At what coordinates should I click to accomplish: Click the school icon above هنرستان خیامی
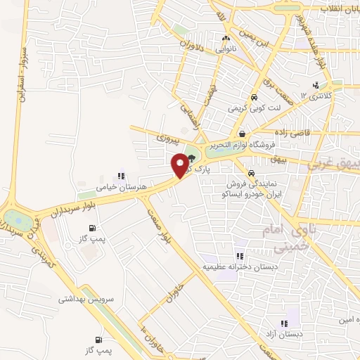[121, 176]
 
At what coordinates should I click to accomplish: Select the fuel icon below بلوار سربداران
[92, 228]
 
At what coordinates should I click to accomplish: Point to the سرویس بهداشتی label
[87, 299]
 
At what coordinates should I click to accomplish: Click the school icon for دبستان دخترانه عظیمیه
[240, 257]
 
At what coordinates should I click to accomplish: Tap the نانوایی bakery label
[226, 50]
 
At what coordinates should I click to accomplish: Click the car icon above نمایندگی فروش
[251, 173]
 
